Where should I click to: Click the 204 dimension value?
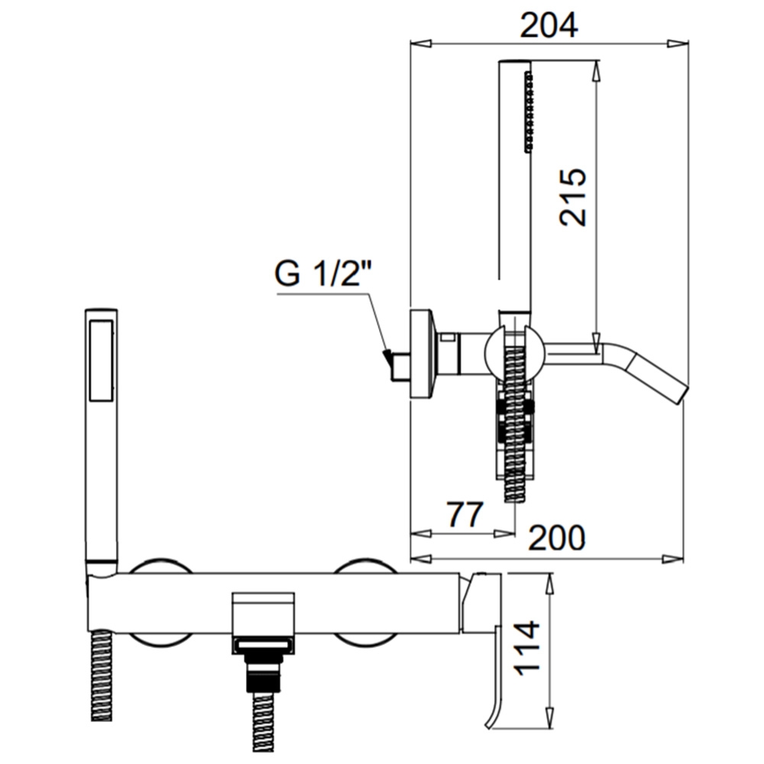[549, 25]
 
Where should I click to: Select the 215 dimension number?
[572, 197]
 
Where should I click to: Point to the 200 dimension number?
[556, 537]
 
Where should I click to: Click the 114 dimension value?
[528, 648]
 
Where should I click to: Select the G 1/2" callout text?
[323, 274]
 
